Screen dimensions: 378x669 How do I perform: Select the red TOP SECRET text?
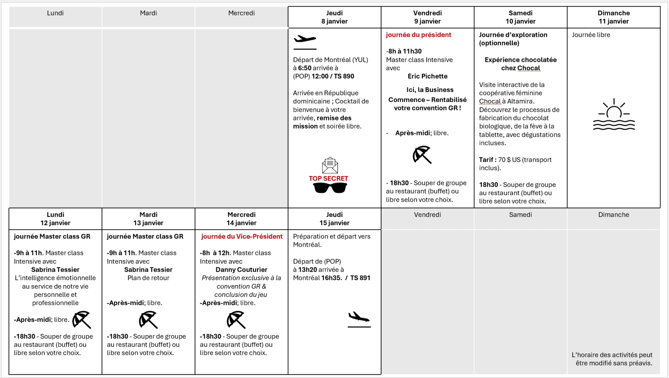pos(328,179)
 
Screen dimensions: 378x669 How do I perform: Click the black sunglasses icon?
pos(330,189)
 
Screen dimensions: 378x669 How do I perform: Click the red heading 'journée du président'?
pos(419,35)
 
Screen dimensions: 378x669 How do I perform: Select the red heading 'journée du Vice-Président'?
pos(242,236)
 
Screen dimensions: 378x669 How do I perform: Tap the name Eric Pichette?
pos(427,76)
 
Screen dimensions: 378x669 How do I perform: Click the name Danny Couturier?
pos(241,270)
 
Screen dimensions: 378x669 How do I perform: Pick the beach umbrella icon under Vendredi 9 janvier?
pos(422,155)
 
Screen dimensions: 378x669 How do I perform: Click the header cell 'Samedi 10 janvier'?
pos(521,17)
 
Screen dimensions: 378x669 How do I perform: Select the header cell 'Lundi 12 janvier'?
pos(55,219)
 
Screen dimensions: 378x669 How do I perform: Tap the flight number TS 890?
pos(344,76)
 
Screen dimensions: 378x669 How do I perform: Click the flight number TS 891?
pos(360,278)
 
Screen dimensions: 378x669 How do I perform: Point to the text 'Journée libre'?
pos(591,35)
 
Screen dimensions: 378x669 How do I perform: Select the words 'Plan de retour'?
pos(148,278)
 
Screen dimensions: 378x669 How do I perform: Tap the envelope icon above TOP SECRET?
pos(330,165)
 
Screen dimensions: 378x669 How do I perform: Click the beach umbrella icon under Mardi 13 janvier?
pos(148,320)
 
